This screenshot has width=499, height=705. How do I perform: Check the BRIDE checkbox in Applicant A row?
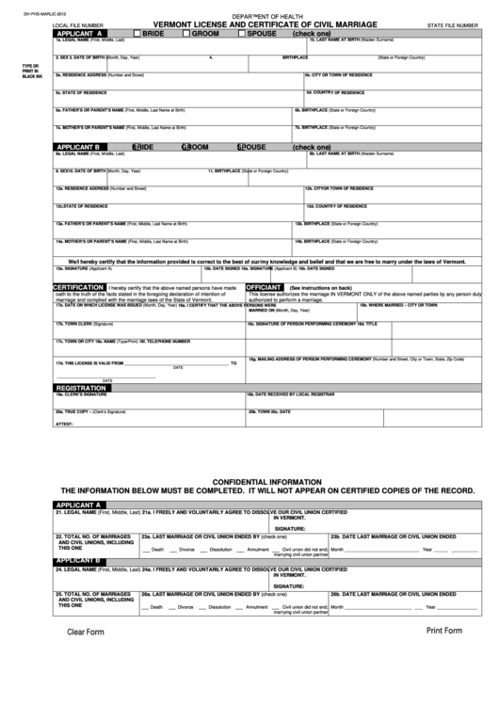(137, 33)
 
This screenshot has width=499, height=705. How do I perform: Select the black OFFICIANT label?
(264, 287)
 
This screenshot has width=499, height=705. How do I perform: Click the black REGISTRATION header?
(88, 387)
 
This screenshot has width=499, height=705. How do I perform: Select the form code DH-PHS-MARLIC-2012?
(24, 8)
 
